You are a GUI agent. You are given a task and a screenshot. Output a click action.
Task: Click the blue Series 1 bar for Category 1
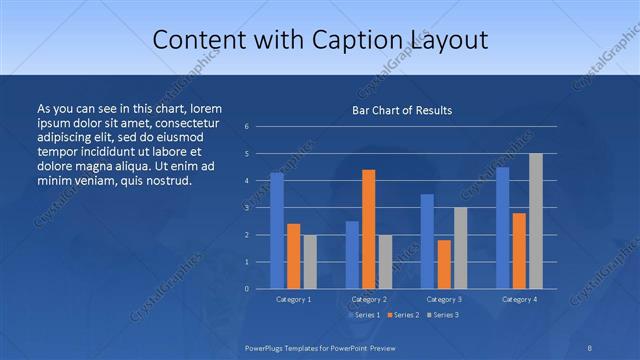click(x=277, y=231)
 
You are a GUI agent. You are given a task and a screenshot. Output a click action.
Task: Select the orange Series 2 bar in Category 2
click(x=369, y=229)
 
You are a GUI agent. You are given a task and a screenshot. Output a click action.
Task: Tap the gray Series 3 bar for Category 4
click(x=536, y=221)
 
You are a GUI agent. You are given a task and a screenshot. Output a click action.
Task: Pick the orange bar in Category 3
click(x=444, y=264)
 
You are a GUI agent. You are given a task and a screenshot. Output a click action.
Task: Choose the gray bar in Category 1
click(x=310, y=262)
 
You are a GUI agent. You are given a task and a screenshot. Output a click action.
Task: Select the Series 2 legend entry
click(x=403, y=315)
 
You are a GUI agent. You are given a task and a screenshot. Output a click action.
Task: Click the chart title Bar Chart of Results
click(x=402, y=110)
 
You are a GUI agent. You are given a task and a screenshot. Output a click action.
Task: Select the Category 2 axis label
click(x=369, y=299)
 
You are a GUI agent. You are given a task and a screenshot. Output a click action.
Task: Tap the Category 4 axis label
click(x=519, y=299)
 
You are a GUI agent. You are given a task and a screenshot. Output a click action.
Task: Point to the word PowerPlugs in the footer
click(x=267, y=346)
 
